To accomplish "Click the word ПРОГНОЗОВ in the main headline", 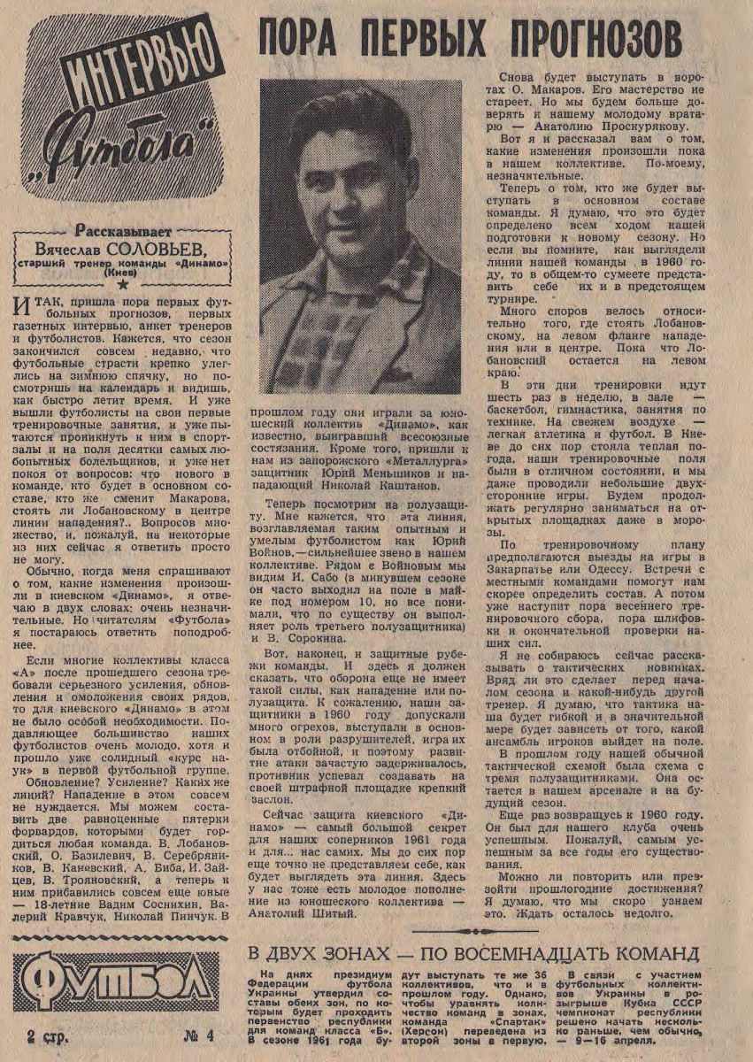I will pos(583,40).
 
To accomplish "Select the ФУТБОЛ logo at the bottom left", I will pos(116,981).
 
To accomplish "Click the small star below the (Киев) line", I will pos(122,285).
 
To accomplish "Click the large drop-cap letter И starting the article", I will pos(26,310).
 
